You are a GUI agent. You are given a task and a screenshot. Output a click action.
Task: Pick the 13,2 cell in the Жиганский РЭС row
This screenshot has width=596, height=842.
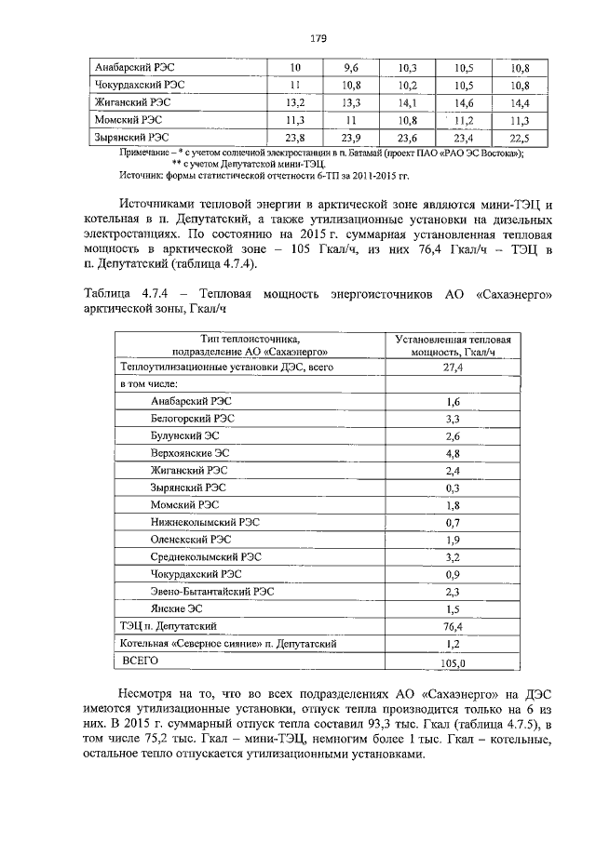click(x=295, y=103)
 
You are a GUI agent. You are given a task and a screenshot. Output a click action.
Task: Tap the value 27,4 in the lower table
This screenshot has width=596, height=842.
click(x=454, y=368)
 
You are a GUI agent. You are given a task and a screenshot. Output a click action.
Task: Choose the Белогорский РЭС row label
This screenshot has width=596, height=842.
click(x=192, y=419)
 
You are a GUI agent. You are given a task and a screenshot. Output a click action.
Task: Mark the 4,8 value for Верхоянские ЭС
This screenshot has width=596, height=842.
click(x=454, y=453)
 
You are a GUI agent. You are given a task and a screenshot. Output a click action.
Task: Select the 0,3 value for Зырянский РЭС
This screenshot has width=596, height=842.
click(x=454, y=488)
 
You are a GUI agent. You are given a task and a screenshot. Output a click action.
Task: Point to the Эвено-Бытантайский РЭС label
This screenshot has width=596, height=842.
click(x=212, y=592)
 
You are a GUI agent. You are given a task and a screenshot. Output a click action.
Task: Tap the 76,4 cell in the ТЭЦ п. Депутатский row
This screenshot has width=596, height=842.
click(x=454, y=626)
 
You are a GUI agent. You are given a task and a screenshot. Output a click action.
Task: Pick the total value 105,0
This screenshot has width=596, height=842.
click(x=454, y=662)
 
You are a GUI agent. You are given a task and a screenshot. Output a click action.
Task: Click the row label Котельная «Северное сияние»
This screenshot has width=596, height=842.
click(x=227, y=643)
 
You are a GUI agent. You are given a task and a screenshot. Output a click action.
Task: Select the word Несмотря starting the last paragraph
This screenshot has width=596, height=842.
click(x=151, y=695)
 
